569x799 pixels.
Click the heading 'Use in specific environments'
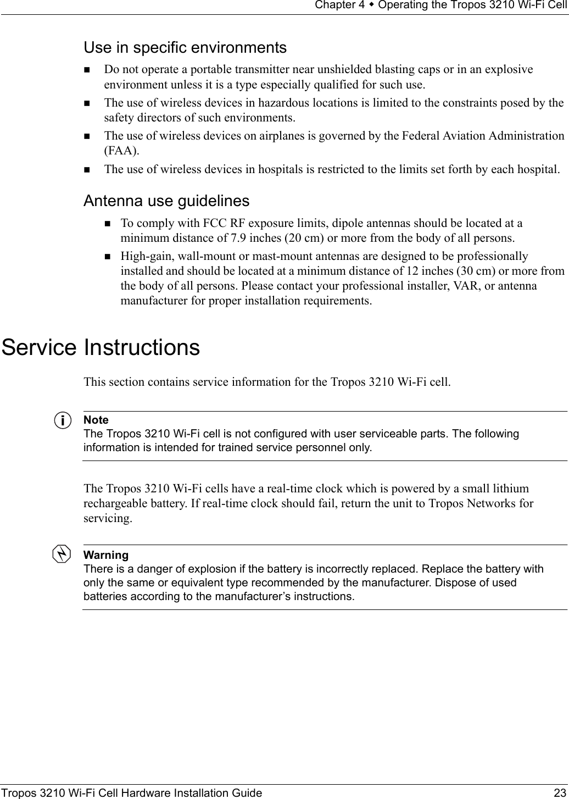click(185, 48)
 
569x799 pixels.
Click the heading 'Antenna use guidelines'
click(166, 201)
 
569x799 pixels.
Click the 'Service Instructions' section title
click(101, 347)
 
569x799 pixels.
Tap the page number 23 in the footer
click(560, 792)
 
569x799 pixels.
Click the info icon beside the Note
click(65, 421)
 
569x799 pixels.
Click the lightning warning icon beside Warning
click(65, 554)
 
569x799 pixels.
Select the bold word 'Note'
click(96, 420)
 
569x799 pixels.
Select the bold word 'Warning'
click(105, 555)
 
